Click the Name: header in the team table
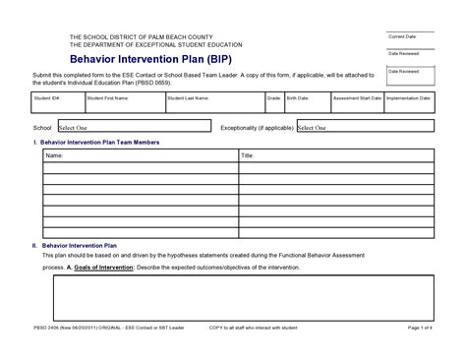tap(54, 155)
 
